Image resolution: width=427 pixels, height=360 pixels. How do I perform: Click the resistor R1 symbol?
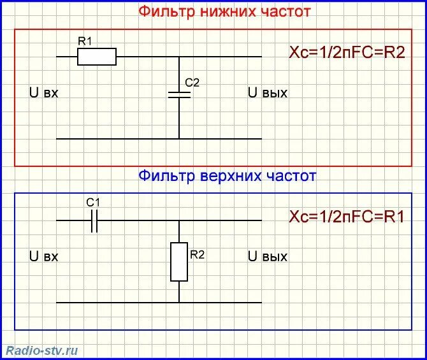[97, 57]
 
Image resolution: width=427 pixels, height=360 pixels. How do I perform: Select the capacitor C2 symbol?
[179, 94]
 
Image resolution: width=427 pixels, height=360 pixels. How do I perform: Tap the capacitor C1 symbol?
[94, 220]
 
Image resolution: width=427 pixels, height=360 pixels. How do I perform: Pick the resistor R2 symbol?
[179, 262]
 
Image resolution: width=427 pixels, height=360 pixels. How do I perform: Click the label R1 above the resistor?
[85, 41]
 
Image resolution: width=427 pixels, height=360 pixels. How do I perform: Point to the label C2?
[192, 83]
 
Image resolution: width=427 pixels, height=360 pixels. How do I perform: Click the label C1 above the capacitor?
[93, 202]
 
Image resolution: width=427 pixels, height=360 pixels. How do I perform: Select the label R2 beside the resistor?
[197, 255]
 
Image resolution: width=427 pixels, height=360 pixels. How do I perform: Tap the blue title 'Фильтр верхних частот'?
[227, 175]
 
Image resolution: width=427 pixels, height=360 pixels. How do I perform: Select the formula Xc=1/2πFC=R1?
[347, 216]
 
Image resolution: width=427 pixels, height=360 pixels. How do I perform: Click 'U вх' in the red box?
[44, 93]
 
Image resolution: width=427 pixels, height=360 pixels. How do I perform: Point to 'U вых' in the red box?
[268, 93]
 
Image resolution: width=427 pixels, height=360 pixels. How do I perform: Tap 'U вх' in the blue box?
[44, 257]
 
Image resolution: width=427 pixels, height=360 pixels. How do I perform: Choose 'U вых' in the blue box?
[268, 257]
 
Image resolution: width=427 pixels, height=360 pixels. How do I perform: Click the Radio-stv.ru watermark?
[42, 350]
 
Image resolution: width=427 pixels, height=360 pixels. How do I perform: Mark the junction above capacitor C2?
[179, 57]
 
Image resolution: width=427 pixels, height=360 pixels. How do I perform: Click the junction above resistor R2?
[179, 220]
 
